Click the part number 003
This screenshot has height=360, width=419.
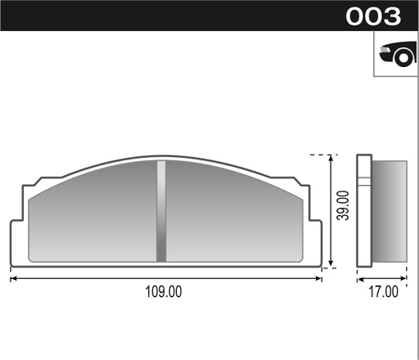point(373,16)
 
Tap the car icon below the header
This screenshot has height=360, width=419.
point(396,54)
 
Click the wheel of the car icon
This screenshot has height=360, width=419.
point(401,57)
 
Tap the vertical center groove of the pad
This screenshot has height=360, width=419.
point(161,211)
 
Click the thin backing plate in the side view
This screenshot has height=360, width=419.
point(365,211)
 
